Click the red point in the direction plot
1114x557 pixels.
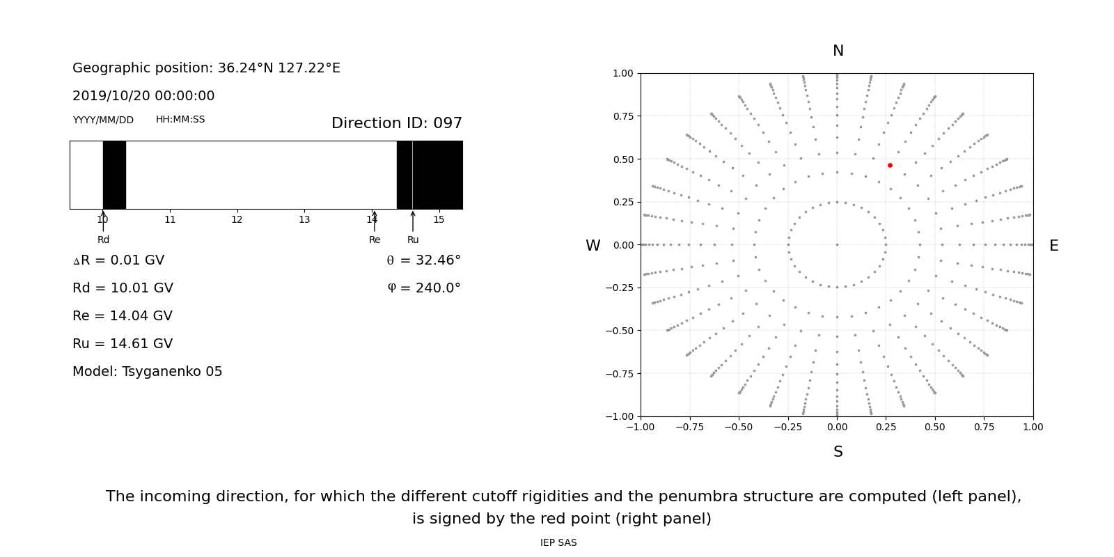(890, 165)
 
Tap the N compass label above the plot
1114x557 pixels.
(838, 51)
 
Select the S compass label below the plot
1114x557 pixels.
(838, 452)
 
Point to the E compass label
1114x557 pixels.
(1053, 246)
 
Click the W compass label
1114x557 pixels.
(593, 246)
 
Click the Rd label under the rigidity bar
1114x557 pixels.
(103, 240)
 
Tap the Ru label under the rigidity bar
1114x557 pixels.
(413, 240)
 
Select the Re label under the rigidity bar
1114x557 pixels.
(375, 240)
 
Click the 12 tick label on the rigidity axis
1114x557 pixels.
(237, 220)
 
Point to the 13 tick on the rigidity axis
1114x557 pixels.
(304, 220)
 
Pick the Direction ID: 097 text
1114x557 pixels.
(397, 123)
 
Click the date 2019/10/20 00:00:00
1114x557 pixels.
(143, 96)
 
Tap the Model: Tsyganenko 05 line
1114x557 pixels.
(148, 372)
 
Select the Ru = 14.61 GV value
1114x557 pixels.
(123, 344)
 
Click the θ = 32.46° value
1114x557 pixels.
(423, 260)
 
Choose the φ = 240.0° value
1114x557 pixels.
(423, 288)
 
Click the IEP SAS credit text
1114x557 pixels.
(558, 543)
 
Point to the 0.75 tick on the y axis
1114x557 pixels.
(622, 116)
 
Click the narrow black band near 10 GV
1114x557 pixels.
(114, 175)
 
